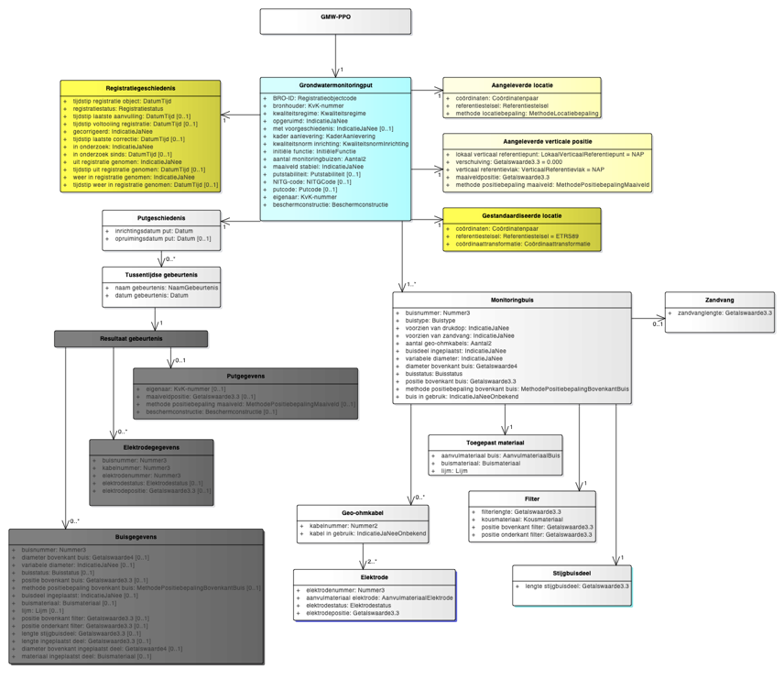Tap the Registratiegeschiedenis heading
tap(140, 88)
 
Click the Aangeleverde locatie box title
tap(522, 83)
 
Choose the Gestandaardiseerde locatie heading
tap(522, 215)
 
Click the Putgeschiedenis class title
tap(161, 218)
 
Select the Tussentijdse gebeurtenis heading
tap(161, 273)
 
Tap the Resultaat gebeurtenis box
tap(131, 339)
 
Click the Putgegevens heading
tap(245, 376)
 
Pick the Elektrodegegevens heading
tap(153, 446)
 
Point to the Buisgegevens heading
tap(136, 536)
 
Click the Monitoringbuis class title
tap(512, 300)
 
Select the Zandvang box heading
tap(720, 300)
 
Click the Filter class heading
tap(531, 498)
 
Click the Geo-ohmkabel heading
tap(362, 512)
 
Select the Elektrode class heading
tap(375, 577)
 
